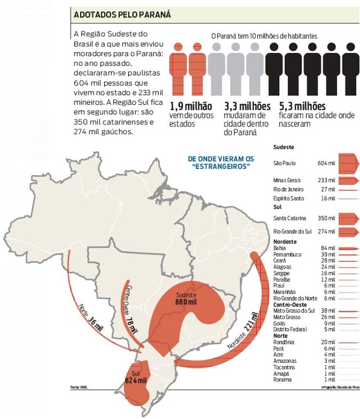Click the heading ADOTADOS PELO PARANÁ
tap(122, 15)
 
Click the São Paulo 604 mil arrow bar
tap(348, 163)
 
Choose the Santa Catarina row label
tap(289, 218)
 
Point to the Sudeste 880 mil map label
tap(185, 298)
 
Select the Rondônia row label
tap(284, 342)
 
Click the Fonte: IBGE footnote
tap(79, 388)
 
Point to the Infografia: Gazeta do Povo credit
tap(339, 388)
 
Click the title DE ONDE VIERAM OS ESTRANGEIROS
tap(221, 162)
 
